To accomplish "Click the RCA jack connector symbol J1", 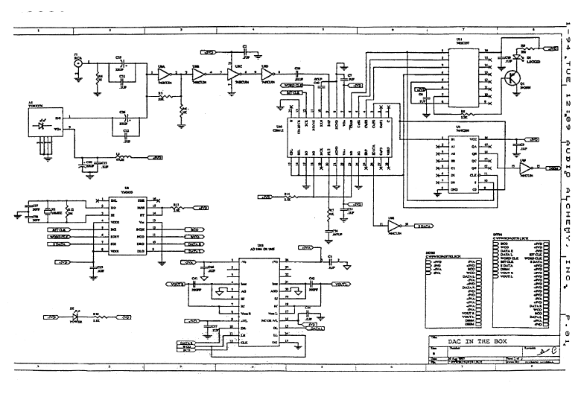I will (x=76, y=64).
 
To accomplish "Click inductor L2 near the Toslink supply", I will (x=119, y=158).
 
